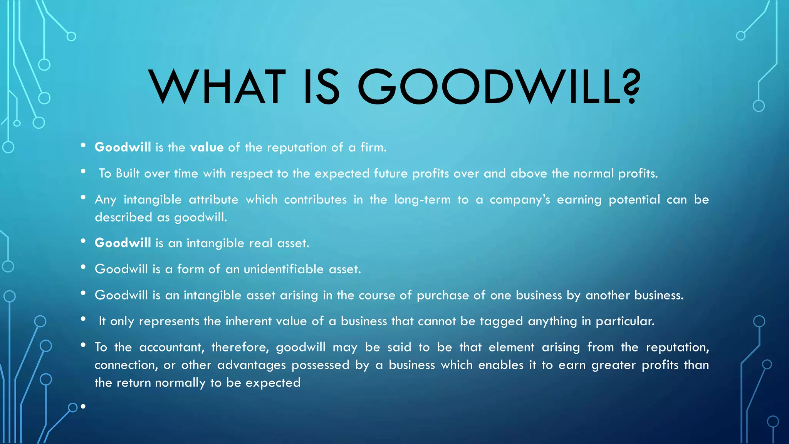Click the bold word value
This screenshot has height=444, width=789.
pyautogui.click(x=207, y=147)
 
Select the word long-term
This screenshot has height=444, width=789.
pyautogui.click(x=422, y=200)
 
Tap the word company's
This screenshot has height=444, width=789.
pyautogui.click(x=520, y=200)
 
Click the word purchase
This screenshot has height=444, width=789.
pyautogui.click(x=443, y=296)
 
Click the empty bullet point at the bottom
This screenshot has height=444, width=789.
pyautogui.click(x=83, y=406)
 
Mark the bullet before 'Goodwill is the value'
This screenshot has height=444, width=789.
pyautogui.click(x=83, y=146)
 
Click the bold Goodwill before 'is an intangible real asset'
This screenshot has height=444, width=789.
pyautogui.click(x=123, y=243)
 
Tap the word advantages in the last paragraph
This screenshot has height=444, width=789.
pyautogui.click(x=252, y=365)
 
